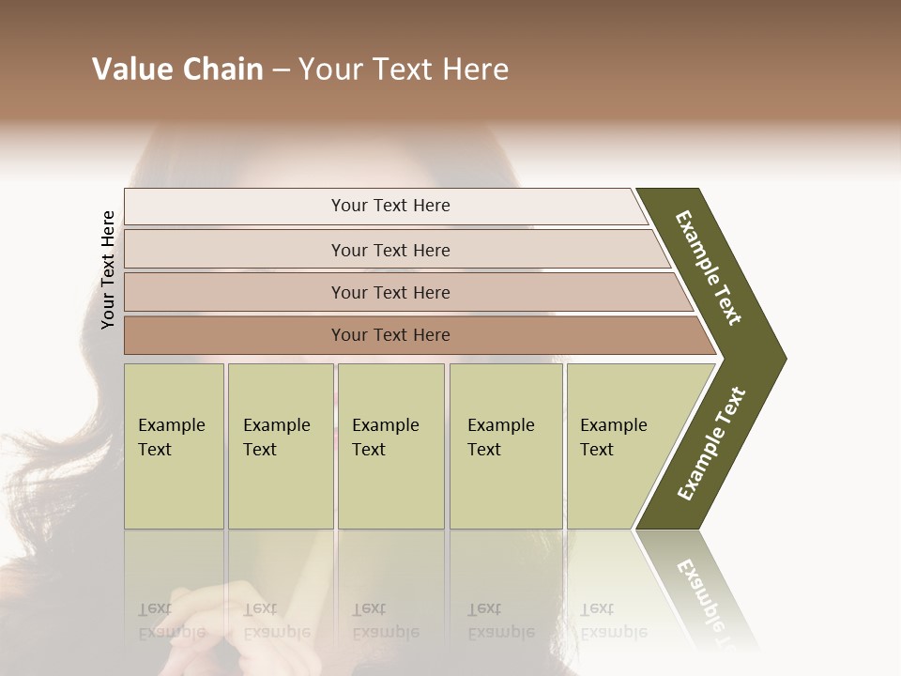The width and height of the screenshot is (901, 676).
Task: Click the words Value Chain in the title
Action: (177, 69)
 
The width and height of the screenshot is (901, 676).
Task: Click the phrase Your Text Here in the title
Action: (404, 69)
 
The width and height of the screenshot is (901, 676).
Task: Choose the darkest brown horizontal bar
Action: (235, 335)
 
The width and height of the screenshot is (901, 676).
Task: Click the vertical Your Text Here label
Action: (108, 269)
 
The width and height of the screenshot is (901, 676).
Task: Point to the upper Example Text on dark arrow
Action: (709, 268)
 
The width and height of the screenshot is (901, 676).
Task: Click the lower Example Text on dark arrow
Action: (711, 444)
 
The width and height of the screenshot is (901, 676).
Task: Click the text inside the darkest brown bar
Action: (390, 335)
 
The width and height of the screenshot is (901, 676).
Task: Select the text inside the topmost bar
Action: (390, 206)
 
